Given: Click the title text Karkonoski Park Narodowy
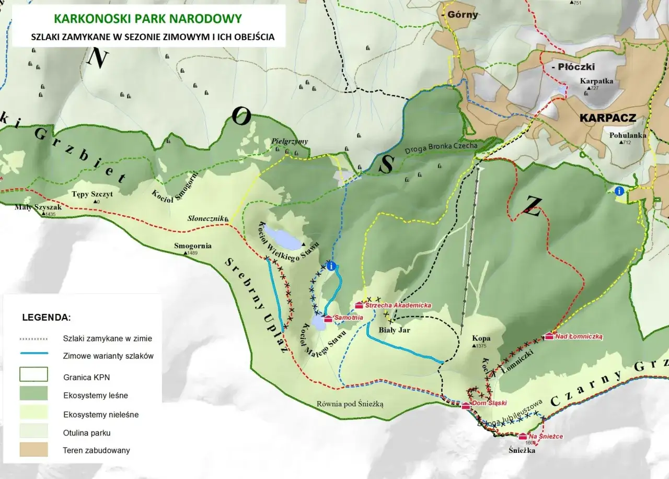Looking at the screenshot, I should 148,19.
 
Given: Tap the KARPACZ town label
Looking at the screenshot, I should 608,118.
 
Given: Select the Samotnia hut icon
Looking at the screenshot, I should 328,318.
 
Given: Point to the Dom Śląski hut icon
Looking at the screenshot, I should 465,406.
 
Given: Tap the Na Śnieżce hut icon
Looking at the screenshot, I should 522,436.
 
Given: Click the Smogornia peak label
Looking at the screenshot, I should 193,246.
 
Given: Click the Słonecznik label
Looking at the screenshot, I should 206,218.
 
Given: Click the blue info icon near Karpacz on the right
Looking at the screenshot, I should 620,191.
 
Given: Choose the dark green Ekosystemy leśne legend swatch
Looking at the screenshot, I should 33,393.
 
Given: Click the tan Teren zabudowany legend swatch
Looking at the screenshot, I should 33,449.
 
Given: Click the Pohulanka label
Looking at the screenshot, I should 627,135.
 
